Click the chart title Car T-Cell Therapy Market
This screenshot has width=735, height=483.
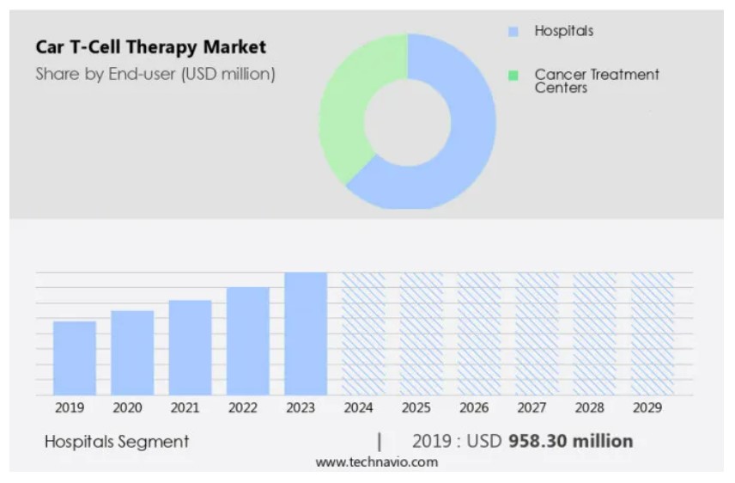click(150, 47)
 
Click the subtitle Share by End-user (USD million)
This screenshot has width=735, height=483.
click(155, 74)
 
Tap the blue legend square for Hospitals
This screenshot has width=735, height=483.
click(513, 32)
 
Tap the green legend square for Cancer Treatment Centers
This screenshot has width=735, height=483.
click(513, 76)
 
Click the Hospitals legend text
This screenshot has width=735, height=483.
click(563, 31)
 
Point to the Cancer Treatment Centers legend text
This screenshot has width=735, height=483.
click(596, 81)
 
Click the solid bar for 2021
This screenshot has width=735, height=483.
click(190, 347)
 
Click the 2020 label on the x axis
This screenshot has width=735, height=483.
click(127, 407)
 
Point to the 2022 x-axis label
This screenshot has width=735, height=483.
click(243, 407)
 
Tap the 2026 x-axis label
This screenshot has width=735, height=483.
click(474, 407)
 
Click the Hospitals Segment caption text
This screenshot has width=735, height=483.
click(117, 442)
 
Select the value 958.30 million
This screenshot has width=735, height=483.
click(571, 442)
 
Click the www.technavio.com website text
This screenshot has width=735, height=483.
click(376, 462)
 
